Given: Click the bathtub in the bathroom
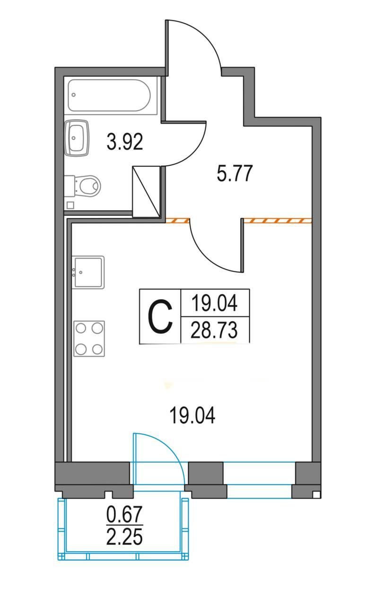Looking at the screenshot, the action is tap(109, 95).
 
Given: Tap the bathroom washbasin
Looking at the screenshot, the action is tap(77, 138).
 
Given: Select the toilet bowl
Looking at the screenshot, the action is tap(83, 186).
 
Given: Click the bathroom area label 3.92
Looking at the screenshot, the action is tap(125, 142).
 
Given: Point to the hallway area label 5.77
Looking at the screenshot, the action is tap(235, 173).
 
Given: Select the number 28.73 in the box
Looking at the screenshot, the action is tap(214, 330).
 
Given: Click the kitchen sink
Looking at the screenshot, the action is tap(88, 272).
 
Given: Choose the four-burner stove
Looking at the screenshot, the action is tap(89, 339).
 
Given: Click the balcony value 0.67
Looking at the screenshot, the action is tap(124, 514).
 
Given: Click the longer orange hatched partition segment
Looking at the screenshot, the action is tap(278, 221).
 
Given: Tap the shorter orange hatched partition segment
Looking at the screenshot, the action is tap(177, 221).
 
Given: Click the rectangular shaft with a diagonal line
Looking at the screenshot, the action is tap(146, 191).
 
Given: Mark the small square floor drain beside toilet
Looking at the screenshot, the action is tap(70, 205).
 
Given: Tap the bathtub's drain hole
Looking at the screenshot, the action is tap(73, 95).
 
